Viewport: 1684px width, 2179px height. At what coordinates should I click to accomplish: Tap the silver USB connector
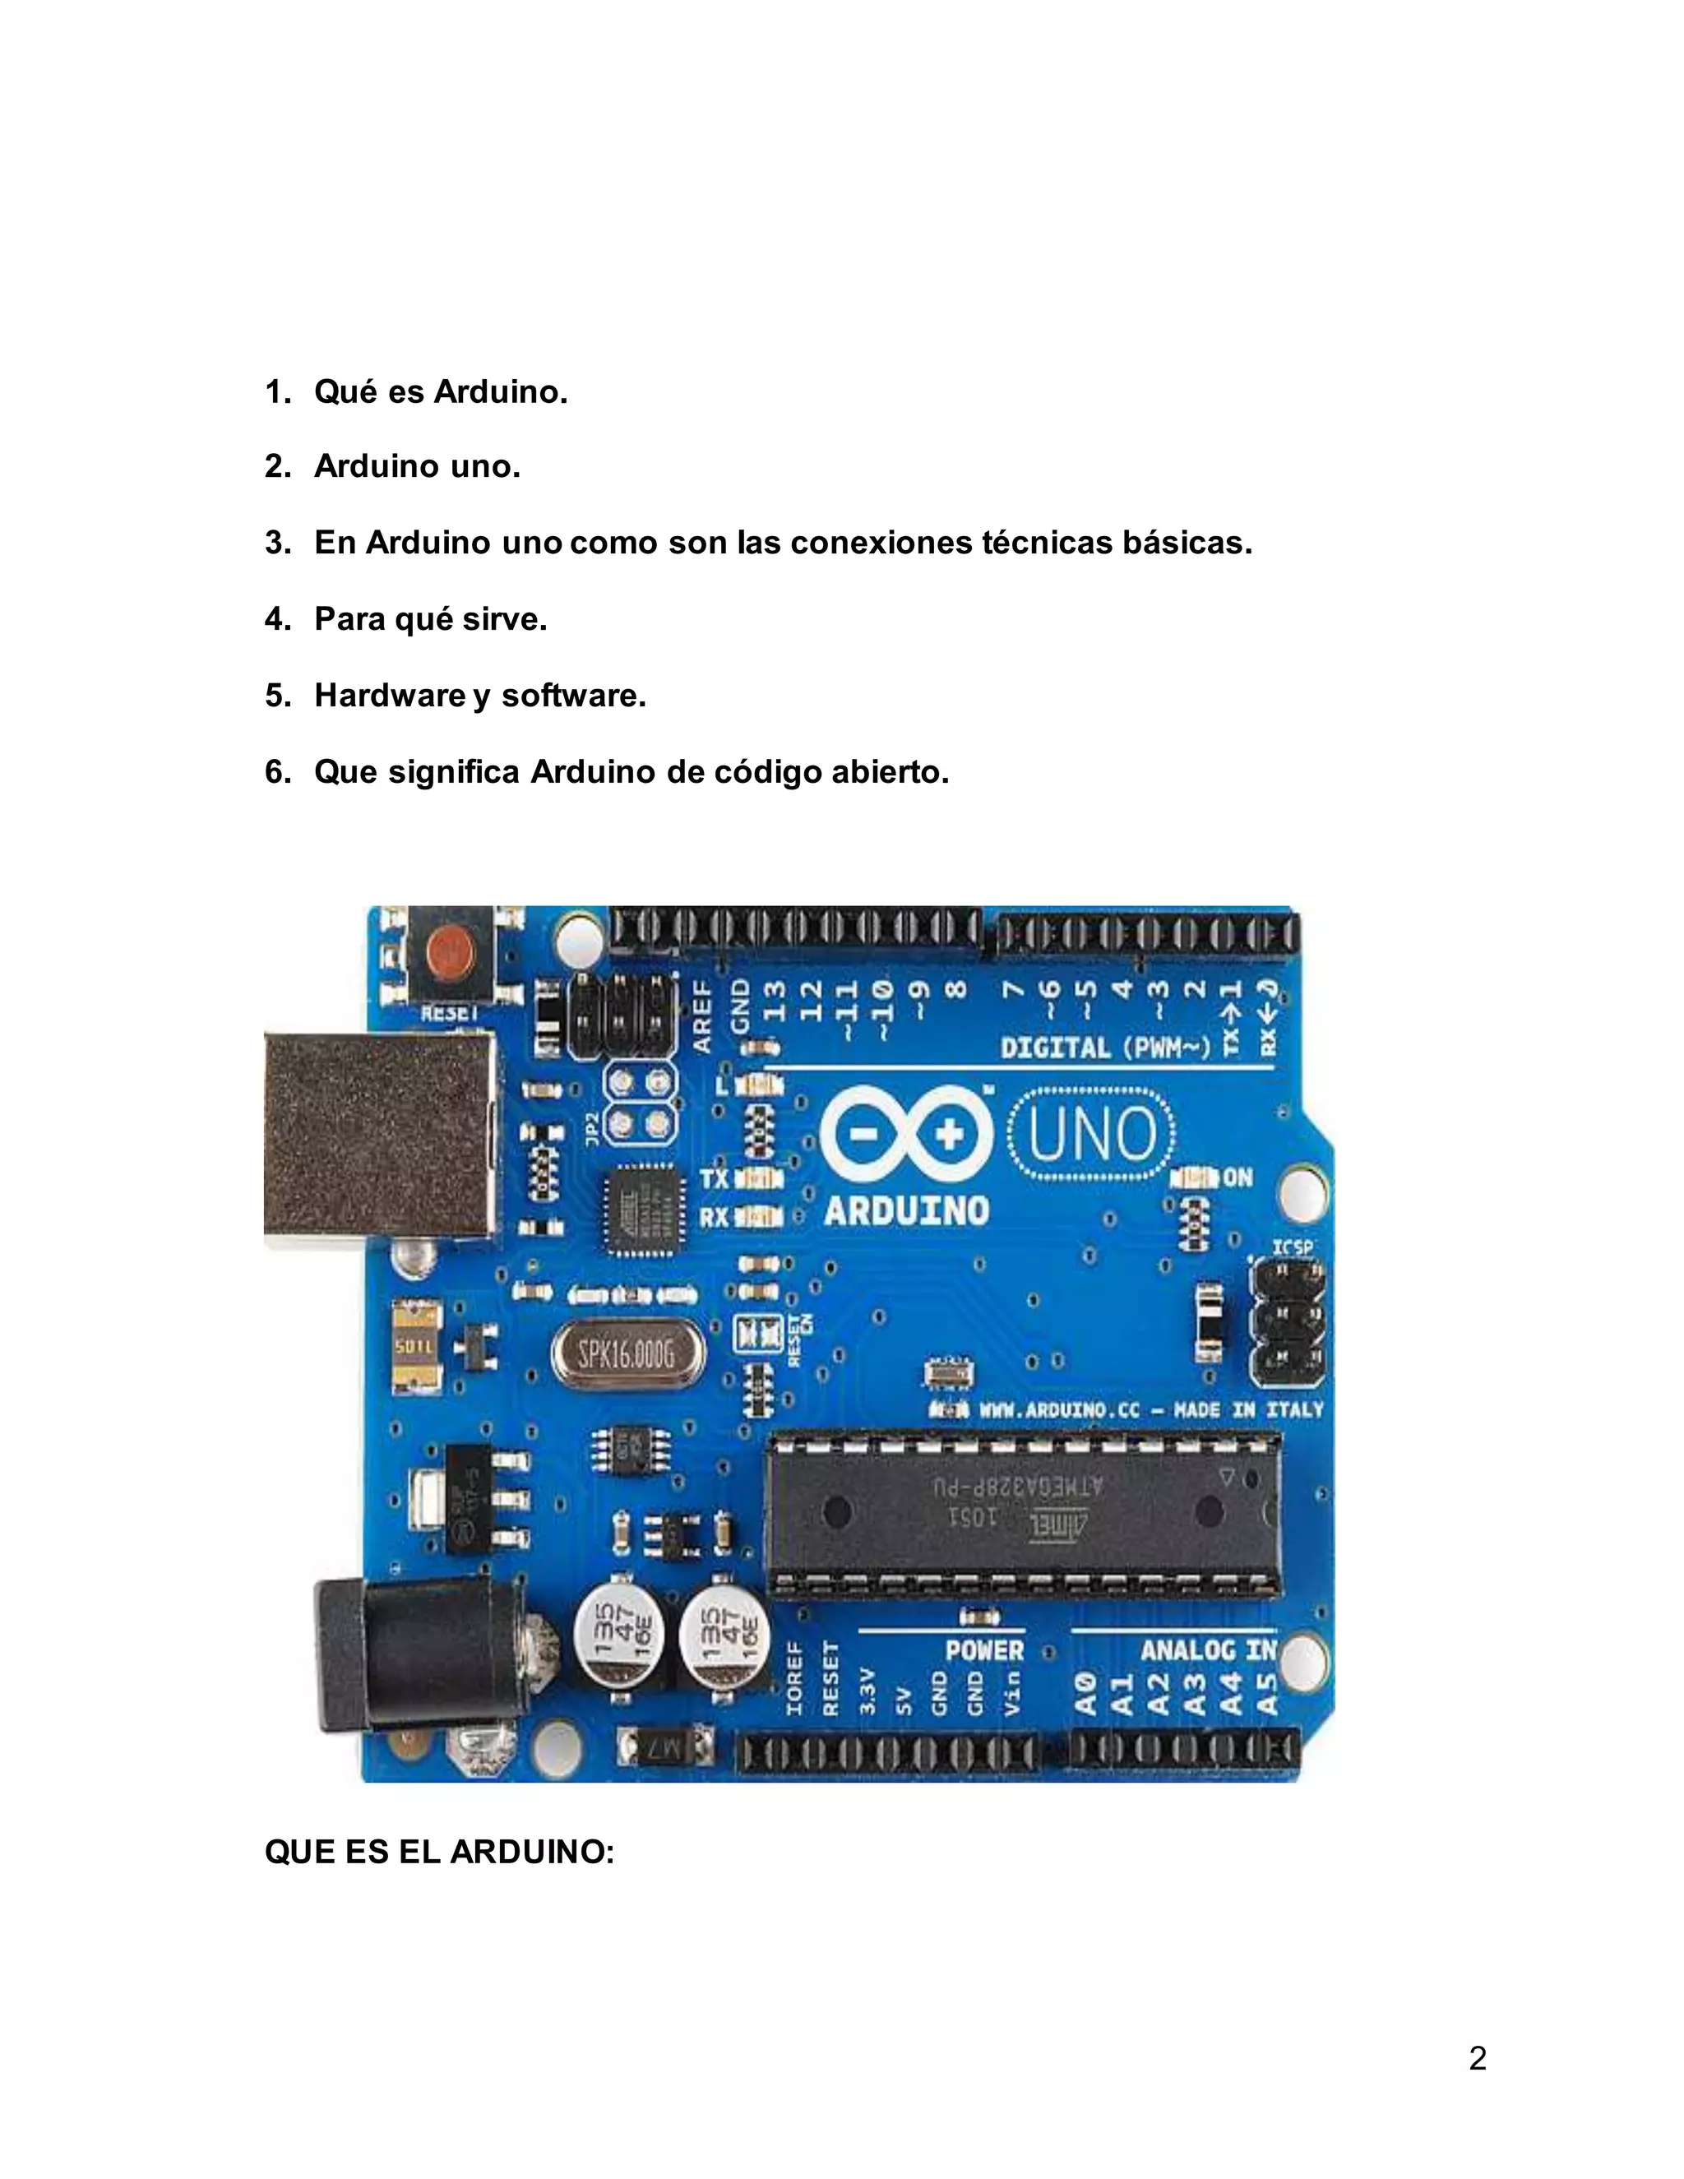coord(380,1135)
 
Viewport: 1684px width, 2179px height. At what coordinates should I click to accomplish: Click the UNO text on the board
coord(1091,1136)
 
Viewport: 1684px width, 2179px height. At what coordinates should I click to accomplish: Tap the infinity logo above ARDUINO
coord(906,1135)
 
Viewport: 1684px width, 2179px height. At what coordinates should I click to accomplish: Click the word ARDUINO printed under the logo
coord(906,1211)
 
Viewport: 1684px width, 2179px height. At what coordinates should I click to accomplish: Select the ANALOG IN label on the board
coord(1208,1650)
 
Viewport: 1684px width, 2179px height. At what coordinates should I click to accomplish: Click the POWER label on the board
coord(983,1650)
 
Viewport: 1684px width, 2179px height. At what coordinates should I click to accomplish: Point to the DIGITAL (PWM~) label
coord(1105,1048)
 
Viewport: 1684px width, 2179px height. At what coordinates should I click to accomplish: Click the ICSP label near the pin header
coord(1292,1247)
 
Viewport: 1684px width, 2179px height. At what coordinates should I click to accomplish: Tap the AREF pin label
coord(702,1015)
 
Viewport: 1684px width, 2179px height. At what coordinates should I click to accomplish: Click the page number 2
coord(1478,2058)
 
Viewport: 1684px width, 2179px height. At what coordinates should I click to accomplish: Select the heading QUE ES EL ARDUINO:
coord(439,1852)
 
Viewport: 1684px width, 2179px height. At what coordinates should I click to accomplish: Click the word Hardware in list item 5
coord(390,696)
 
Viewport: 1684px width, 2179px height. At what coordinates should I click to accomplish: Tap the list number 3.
coord(276,543)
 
